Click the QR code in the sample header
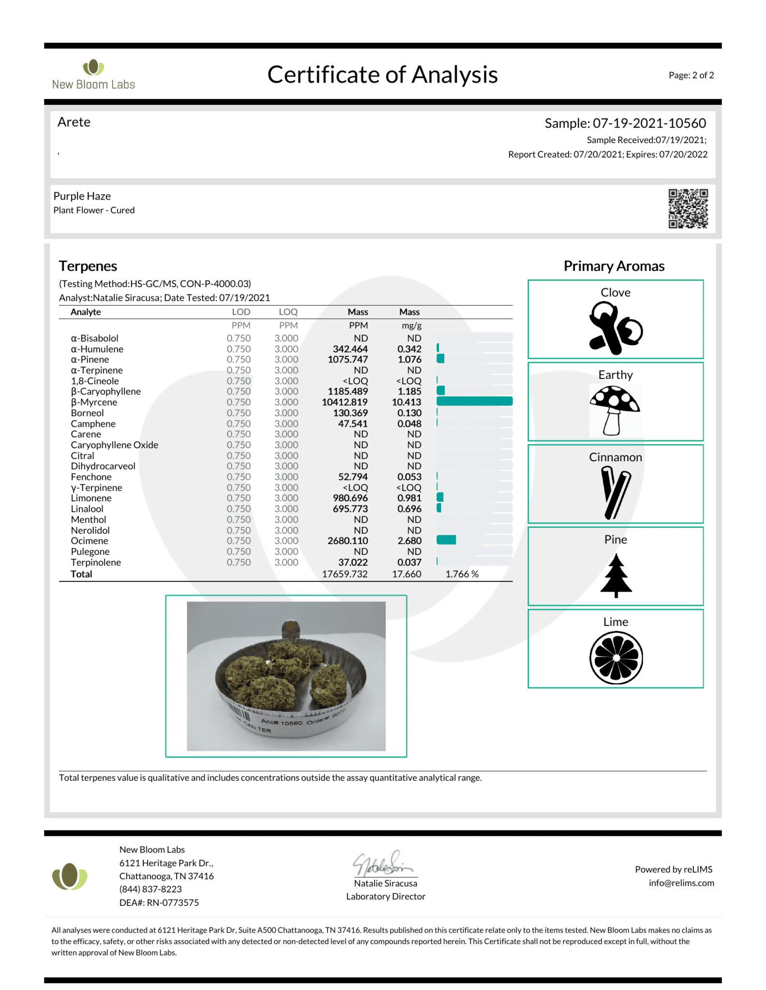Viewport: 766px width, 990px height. pyautogui.click(x=688, y=208)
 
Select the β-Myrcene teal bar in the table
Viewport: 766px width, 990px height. pyautogui.click(x=474, y=401)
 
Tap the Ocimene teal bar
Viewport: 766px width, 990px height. pyautogui.click(x=446, y=540)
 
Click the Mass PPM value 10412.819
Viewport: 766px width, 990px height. pyautogui.click(x=345, y=402)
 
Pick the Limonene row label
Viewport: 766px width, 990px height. pyautogui.click(x=91, y=498)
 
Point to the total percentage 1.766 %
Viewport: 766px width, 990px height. pyautogui.click(x=462, y=574)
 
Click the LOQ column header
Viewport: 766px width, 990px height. pyautogui.click(x=288, y=312)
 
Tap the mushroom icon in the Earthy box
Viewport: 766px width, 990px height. pyautogui.click(x=615, y=410)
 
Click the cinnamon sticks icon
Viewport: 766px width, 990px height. pyautogui.click(x=615, y=492)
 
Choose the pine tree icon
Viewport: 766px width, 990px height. pyautogui.click(x=616, y=575)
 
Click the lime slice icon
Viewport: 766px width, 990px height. pyautogui.click(x=616, y=658)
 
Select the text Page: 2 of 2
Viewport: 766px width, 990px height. pyautogui.click(x=691, y=75)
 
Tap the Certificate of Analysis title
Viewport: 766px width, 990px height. pyautogui.click(x=382, y=75)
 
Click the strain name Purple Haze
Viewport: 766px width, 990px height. pyautogui.click(x=82, y=196)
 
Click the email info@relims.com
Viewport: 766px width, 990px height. pyautogui.click(x=681, y=883)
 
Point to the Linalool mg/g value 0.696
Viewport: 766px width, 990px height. pyautogui.click(x=409, y=509)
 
